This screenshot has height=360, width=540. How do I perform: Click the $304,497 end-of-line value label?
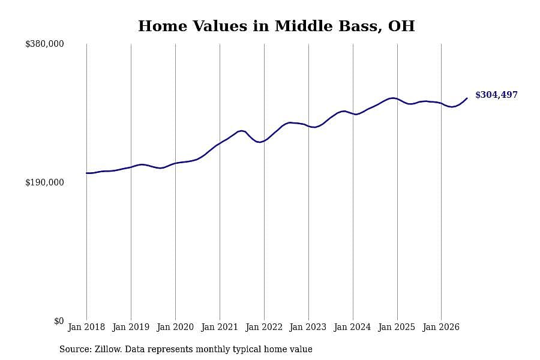coord(496,95)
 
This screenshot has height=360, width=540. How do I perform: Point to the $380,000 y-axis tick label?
coord(44,44)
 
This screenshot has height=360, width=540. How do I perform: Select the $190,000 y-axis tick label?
coord(44,182)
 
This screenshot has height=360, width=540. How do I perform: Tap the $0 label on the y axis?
coord(59,321)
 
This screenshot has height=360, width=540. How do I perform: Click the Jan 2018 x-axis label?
coord(86,327)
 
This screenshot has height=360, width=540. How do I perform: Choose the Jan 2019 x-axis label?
coord(131,327)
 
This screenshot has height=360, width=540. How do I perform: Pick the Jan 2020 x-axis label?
coord(175,327)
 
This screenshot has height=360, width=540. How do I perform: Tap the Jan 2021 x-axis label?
coord(220,327)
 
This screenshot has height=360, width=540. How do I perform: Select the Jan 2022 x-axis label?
coord(264,327)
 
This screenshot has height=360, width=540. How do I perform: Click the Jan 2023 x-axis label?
coord(308,327)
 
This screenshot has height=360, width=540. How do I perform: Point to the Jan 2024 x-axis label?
coord(352,327)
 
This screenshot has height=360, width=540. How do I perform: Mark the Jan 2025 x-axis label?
coord(397,327)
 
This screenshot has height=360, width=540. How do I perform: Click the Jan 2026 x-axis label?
coord(441,327)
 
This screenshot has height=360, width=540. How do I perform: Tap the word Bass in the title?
coord(360,26)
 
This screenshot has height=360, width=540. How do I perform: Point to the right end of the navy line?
coord(467,98)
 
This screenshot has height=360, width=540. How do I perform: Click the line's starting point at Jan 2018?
coord(86,173)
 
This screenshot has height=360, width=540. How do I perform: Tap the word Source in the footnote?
coord(75,349)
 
